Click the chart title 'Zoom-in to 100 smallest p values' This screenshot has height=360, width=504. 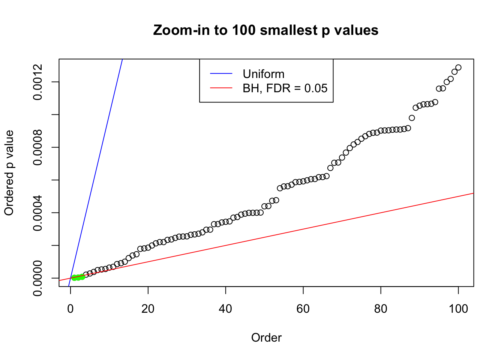point(265,30)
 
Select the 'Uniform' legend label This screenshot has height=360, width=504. point(264,74)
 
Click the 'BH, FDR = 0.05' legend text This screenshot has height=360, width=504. point(285,88)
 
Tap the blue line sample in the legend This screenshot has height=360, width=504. point(221,74)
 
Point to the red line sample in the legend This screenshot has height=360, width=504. point(221,88)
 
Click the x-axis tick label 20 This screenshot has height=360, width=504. point(148,309)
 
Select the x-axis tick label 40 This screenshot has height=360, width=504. point(226,309)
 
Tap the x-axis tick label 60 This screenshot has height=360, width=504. point(303,309)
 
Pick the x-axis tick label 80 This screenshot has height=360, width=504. point(381,309)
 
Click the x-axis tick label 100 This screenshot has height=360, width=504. point(458,309)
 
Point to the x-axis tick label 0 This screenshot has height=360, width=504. point(70,309)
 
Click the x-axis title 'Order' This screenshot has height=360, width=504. point(266,337)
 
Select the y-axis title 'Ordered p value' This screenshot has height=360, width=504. point(9,173)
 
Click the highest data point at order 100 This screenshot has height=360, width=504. point(458,67)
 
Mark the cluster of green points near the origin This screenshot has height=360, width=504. point(78,277)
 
